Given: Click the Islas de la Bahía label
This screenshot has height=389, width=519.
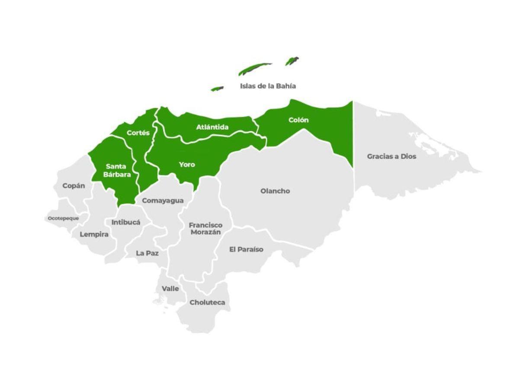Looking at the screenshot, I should point(268,86).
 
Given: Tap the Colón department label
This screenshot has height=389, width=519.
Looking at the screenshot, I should point(298,120).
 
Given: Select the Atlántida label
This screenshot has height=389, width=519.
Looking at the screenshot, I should point(212,127).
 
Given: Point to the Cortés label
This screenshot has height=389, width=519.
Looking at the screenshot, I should point(138,133).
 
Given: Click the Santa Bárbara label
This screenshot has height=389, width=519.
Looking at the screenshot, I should point(117,170).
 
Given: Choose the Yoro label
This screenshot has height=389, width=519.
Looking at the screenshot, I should point(187,165).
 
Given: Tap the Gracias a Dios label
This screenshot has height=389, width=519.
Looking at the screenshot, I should point(391,156).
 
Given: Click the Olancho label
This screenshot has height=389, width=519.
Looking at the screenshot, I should point(275,191).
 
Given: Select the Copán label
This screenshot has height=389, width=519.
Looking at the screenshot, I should point(74,186).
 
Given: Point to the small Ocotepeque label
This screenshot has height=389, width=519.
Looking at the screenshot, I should point(63,218).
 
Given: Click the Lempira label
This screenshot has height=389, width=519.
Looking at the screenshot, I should point(94,234).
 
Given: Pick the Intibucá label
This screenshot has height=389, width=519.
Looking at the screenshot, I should point(126,223).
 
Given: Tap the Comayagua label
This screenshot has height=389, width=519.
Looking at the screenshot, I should point(163,201).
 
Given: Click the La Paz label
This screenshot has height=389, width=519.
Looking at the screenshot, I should point(147,253).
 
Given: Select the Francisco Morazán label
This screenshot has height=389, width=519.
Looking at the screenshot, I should point(205,229).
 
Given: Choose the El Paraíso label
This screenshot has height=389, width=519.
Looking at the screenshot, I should point(246,249).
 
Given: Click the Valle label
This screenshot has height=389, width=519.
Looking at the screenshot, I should point(170,289).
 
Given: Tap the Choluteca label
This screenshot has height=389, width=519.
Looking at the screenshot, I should point(207,303).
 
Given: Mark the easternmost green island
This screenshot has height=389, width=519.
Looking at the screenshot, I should point(292,61).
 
